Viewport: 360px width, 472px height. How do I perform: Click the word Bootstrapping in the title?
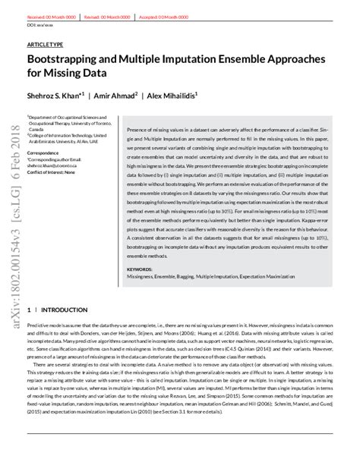coord(64,60)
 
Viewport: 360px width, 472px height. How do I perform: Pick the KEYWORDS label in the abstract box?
coord(141,269)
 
